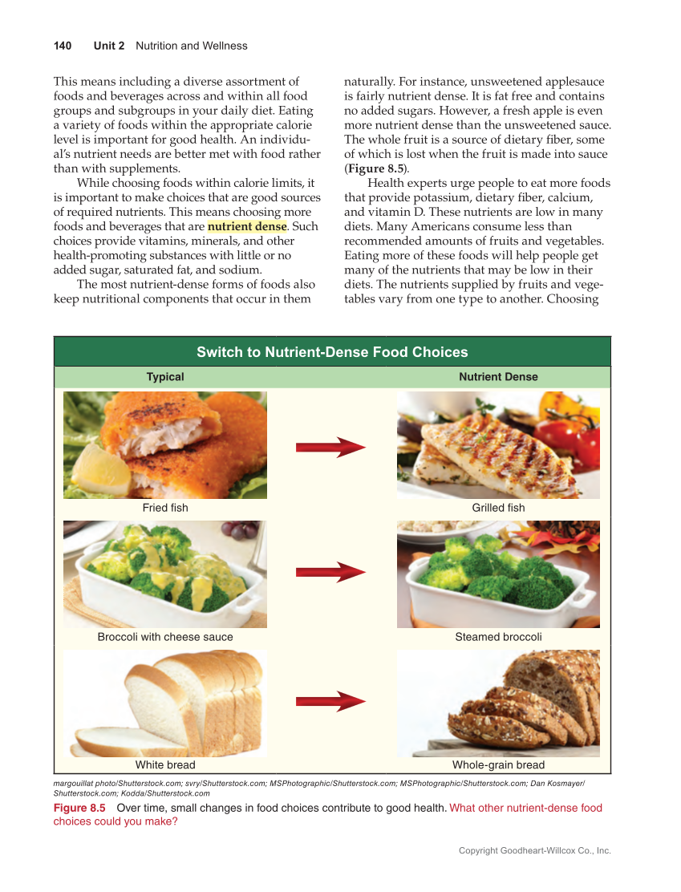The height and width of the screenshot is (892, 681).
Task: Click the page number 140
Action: click(x=63, y=46)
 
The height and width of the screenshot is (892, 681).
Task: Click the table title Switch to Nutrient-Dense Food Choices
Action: click(x=332, y=352)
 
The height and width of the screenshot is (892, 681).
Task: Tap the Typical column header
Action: click(x=165, y=377)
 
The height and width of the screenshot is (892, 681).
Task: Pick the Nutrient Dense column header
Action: click(x=498, y=377)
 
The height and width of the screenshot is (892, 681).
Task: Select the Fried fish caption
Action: click(x=165, y=508)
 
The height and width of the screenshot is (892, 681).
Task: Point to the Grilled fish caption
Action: click(x=498, y=508)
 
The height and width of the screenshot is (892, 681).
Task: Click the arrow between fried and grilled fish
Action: click(x=330, y=448)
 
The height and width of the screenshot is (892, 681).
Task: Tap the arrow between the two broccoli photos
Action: click(x=330, y=572)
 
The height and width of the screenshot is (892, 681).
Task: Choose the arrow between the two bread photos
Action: click(x=330, y=701)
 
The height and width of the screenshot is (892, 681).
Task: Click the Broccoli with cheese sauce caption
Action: click(x=165, y=637)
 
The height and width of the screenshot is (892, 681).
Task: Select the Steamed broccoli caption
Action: click(x=498, y=637)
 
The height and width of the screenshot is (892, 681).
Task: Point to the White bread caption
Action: click(x=165, y=765)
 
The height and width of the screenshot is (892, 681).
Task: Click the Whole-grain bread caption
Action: click(x=498, y=765)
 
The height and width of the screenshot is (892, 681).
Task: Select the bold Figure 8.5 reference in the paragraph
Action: click(x=374, y=169)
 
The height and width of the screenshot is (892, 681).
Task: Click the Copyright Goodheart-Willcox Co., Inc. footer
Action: click(x=534, y=850)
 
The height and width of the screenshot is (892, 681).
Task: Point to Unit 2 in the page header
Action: click(x=109, y=46)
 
